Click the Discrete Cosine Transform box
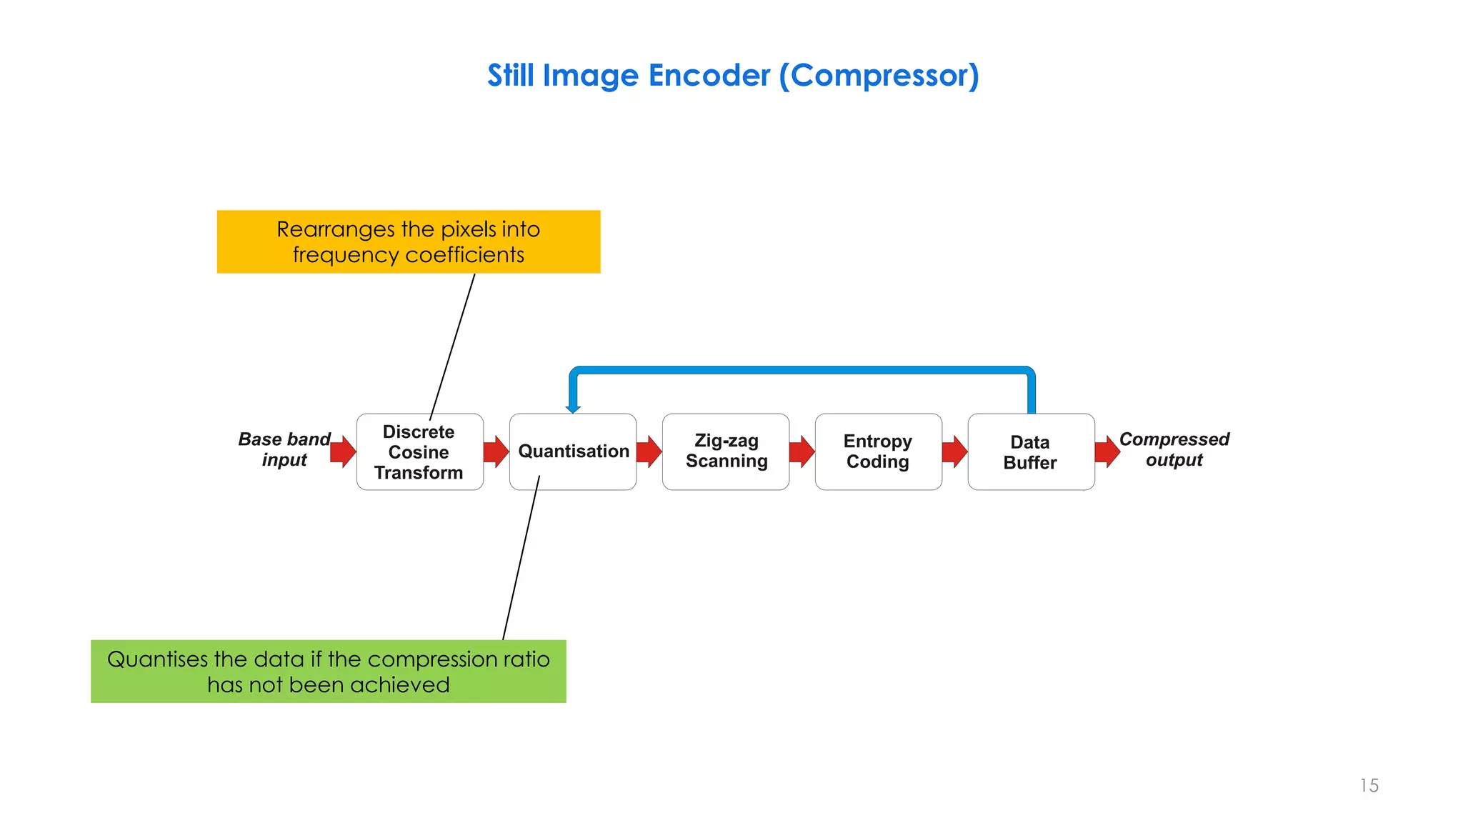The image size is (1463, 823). pyautogui.click(x=419, y=452)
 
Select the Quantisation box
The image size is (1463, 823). pyautogui.click(x=573, y=452)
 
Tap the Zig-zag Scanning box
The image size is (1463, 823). pyautogui.click(x=726, y=452)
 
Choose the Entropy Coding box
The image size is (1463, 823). pyautogui.click(x=878, y=452)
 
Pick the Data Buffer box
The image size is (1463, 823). pyautogui.click(x=1030, y=452)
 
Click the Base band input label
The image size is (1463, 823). pyautogui.click(x=284, y=449)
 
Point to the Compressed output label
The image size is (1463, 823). pyautogui.click(x=1174, y=449)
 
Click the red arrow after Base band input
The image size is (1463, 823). pyautogui.click(x=344, y=452)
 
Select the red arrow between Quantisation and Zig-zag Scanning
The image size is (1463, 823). pyautogui.click(x=649, y=452)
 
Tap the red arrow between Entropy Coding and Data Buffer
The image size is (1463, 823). pyautogui.click(x=954, y=452)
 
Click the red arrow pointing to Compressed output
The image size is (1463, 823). pyautogui.click(x=1107, y=452)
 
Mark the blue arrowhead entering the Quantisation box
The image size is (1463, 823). pyautogui.click(x=573, y=409)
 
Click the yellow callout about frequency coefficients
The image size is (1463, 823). pyautogui.click(x=408, y=241)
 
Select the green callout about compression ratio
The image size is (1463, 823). pyautogui.click(x=328, y=672)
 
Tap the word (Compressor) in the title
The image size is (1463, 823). pyautogui.click(x=879, y=75)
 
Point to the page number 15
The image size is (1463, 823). pyautogui.click(x=1369, y=786)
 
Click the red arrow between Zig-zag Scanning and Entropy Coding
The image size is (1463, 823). pyautogui.click(x=802, y=452)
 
